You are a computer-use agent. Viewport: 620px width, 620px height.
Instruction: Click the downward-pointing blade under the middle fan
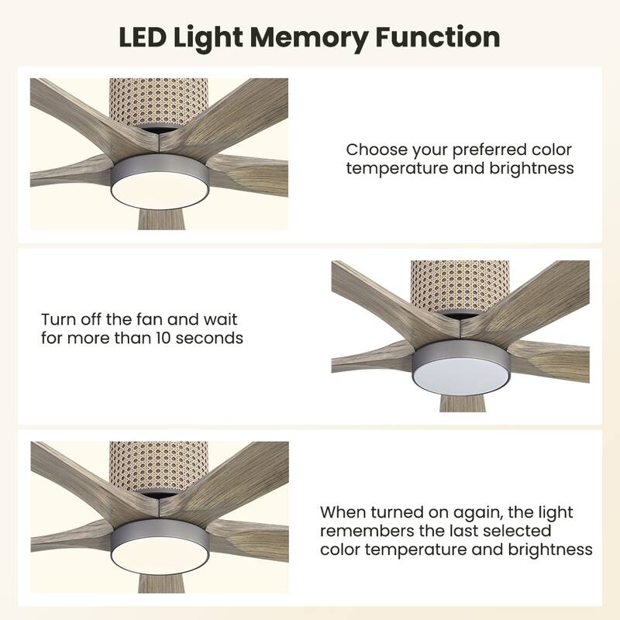tap(460, 401)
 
